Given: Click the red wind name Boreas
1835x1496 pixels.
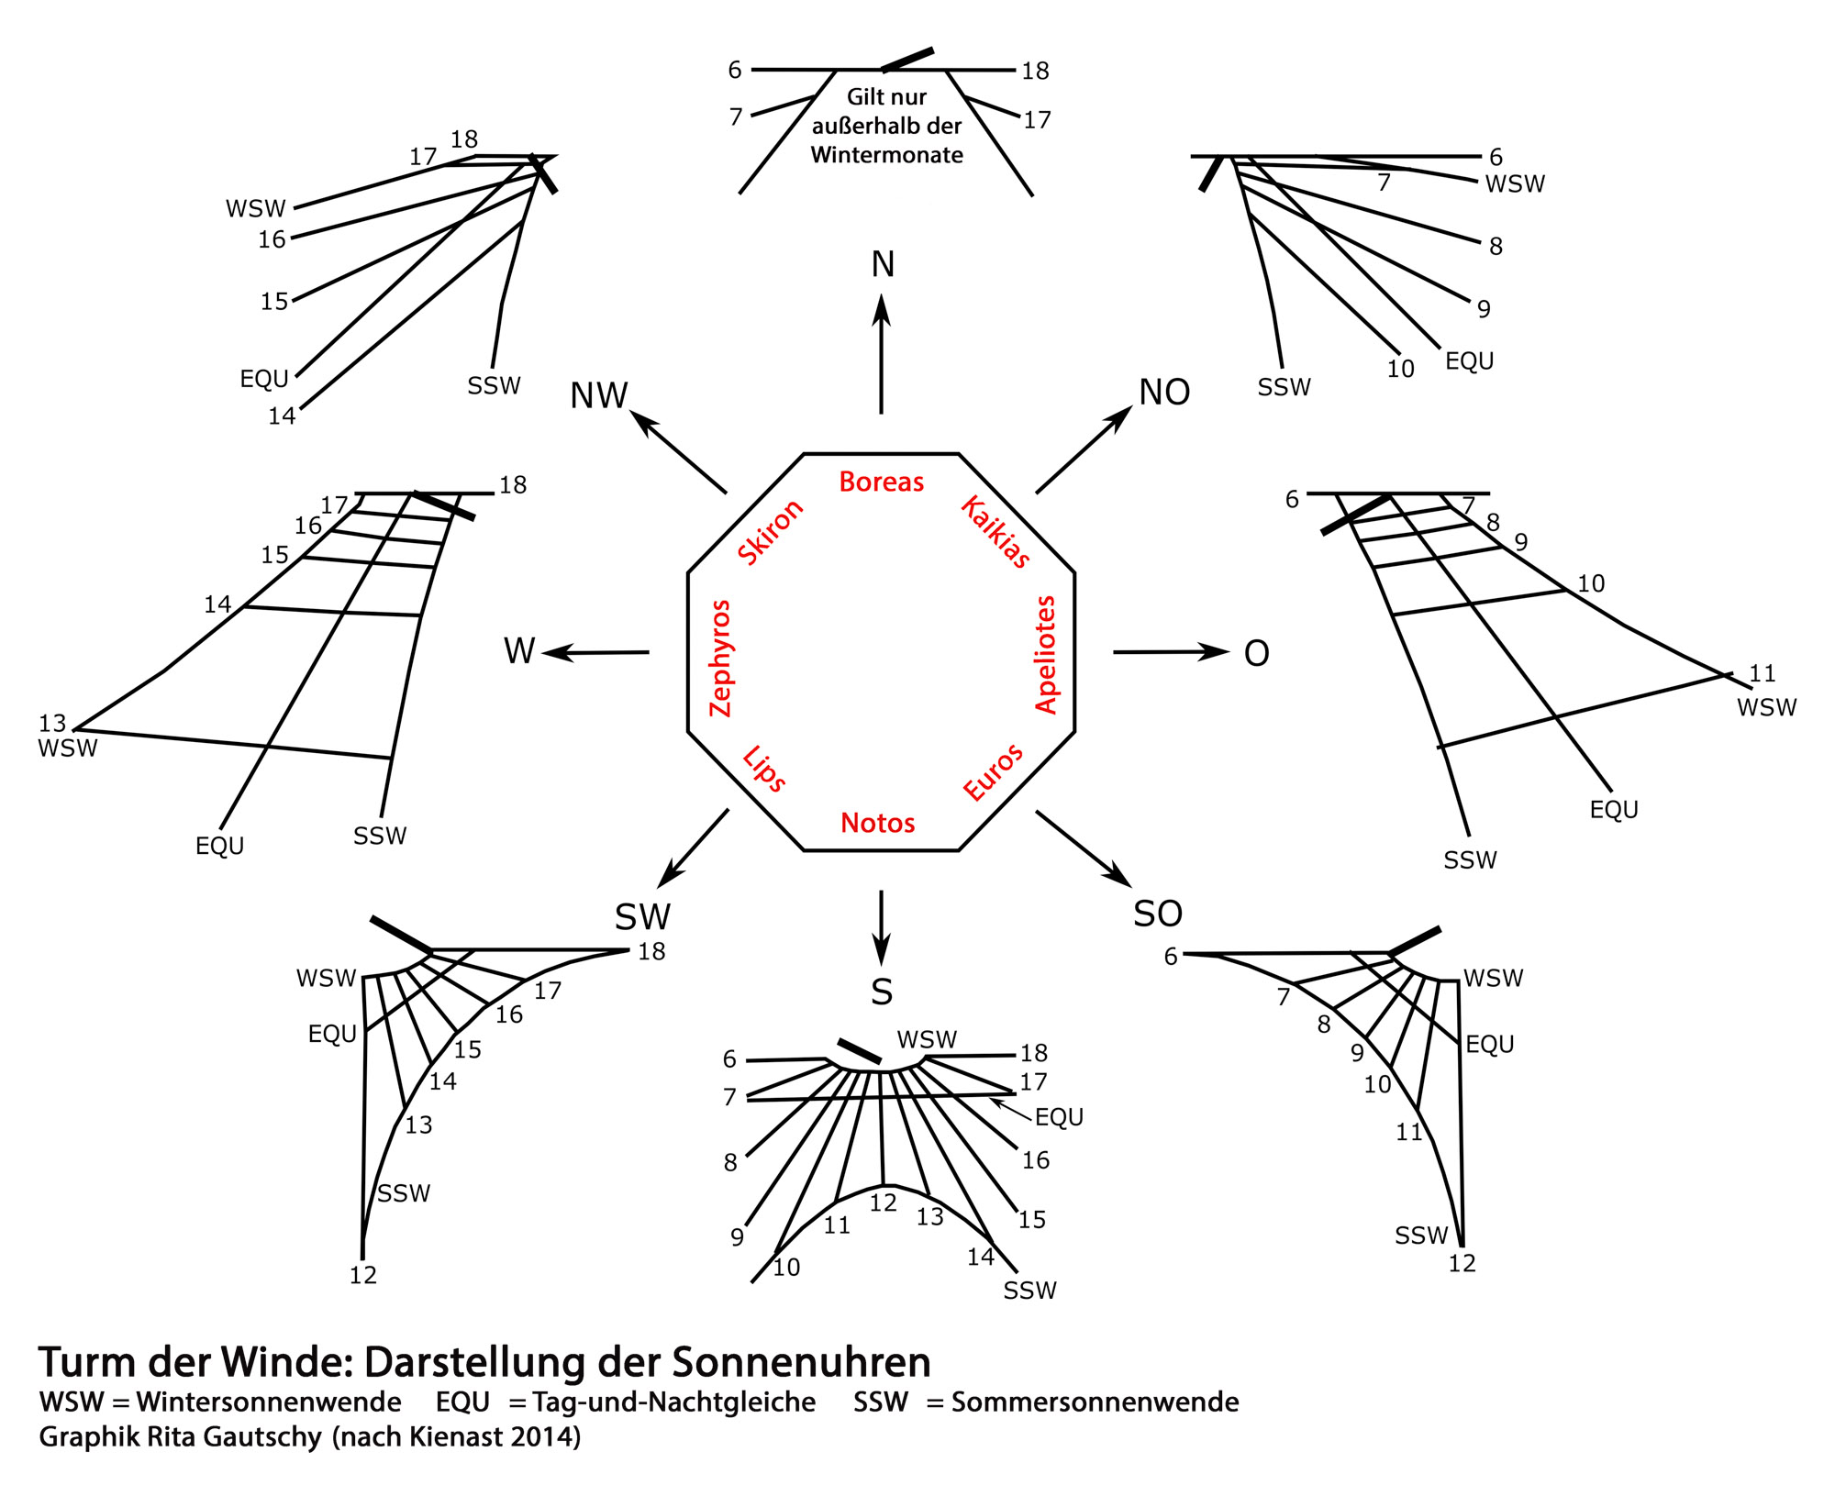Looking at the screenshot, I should [x=881, y=482].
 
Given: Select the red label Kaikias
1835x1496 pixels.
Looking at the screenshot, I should [x=995, y=531].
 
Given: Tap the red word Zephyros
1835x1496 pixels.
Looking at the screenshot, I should [x=721, y=658].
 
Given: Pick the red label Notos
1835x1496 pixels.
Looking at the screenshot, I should [x=877, y=823].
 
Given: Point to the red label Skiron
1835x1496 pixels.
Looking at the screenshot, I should [x=771, y=532].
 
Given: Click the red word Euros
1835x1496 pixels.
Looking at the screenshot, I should [x=993, y=772].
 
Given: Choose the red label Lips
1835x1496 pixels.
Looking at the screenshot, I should [x=764, y=769].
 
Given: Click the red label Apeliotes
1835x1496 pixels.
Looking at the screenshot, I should [x=1046, y=654].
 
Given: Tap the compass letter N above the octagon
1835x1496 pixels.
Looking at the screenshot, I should [x=883, y=264].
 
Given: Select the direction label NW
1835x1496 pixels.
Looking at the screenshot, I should [x=598, y=395].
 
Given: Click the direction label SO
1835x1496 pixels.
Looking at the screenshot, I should [x=1158, y=914].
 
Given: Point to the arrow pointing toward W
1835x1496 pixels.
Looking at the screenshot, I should [x=596, y=653].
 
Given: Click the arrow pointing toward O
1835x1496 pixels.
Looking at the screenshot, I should [x=1171, y=652].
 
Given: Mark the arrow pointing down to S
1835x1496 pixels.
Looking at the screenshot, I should [x=881, y=926].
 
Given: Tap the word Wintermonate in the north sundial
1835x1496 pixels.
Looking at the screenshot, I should [x=886, y=155].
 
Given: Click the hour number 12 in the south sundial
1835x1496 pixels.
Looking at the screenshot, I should [x=883, y=1202].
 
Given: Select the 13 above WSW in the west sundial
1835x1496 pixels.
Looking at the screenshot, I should [x=52, y=723].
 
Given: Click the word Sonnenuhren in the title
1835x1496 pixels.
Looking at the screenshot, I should [x=801, y=1362].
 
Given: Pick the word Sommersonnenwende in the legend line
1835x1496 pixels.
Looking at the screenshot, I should [x=1095, y=1402].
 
